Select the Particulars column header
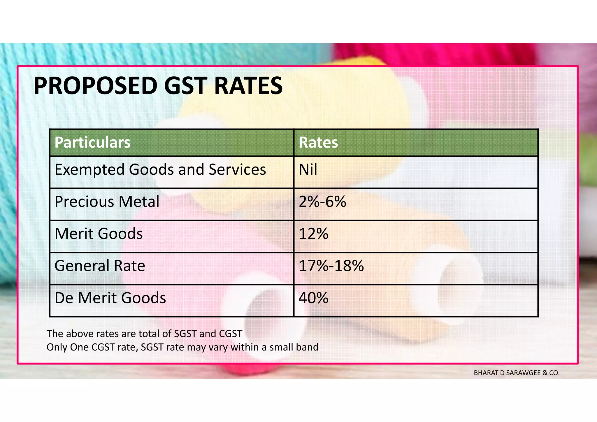point(92,143)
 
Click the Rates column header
point(318,143)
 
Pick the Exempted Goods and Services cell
point(160,170)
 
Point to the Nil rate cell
point(308,170)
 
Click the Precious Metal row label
point(107,202)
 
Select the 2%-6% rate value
point(322,202)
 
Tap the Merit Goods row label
point(99,234)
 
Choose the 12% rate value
point(314,234)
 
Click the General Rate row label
point(100,266)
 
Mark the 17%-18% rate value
point(331,266)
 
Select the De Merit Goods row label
point(110,298)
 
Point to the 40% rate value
point(314,298)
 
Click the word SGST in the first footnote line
point(185,334)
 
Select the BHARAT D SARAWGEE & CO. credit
point(517,373)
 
